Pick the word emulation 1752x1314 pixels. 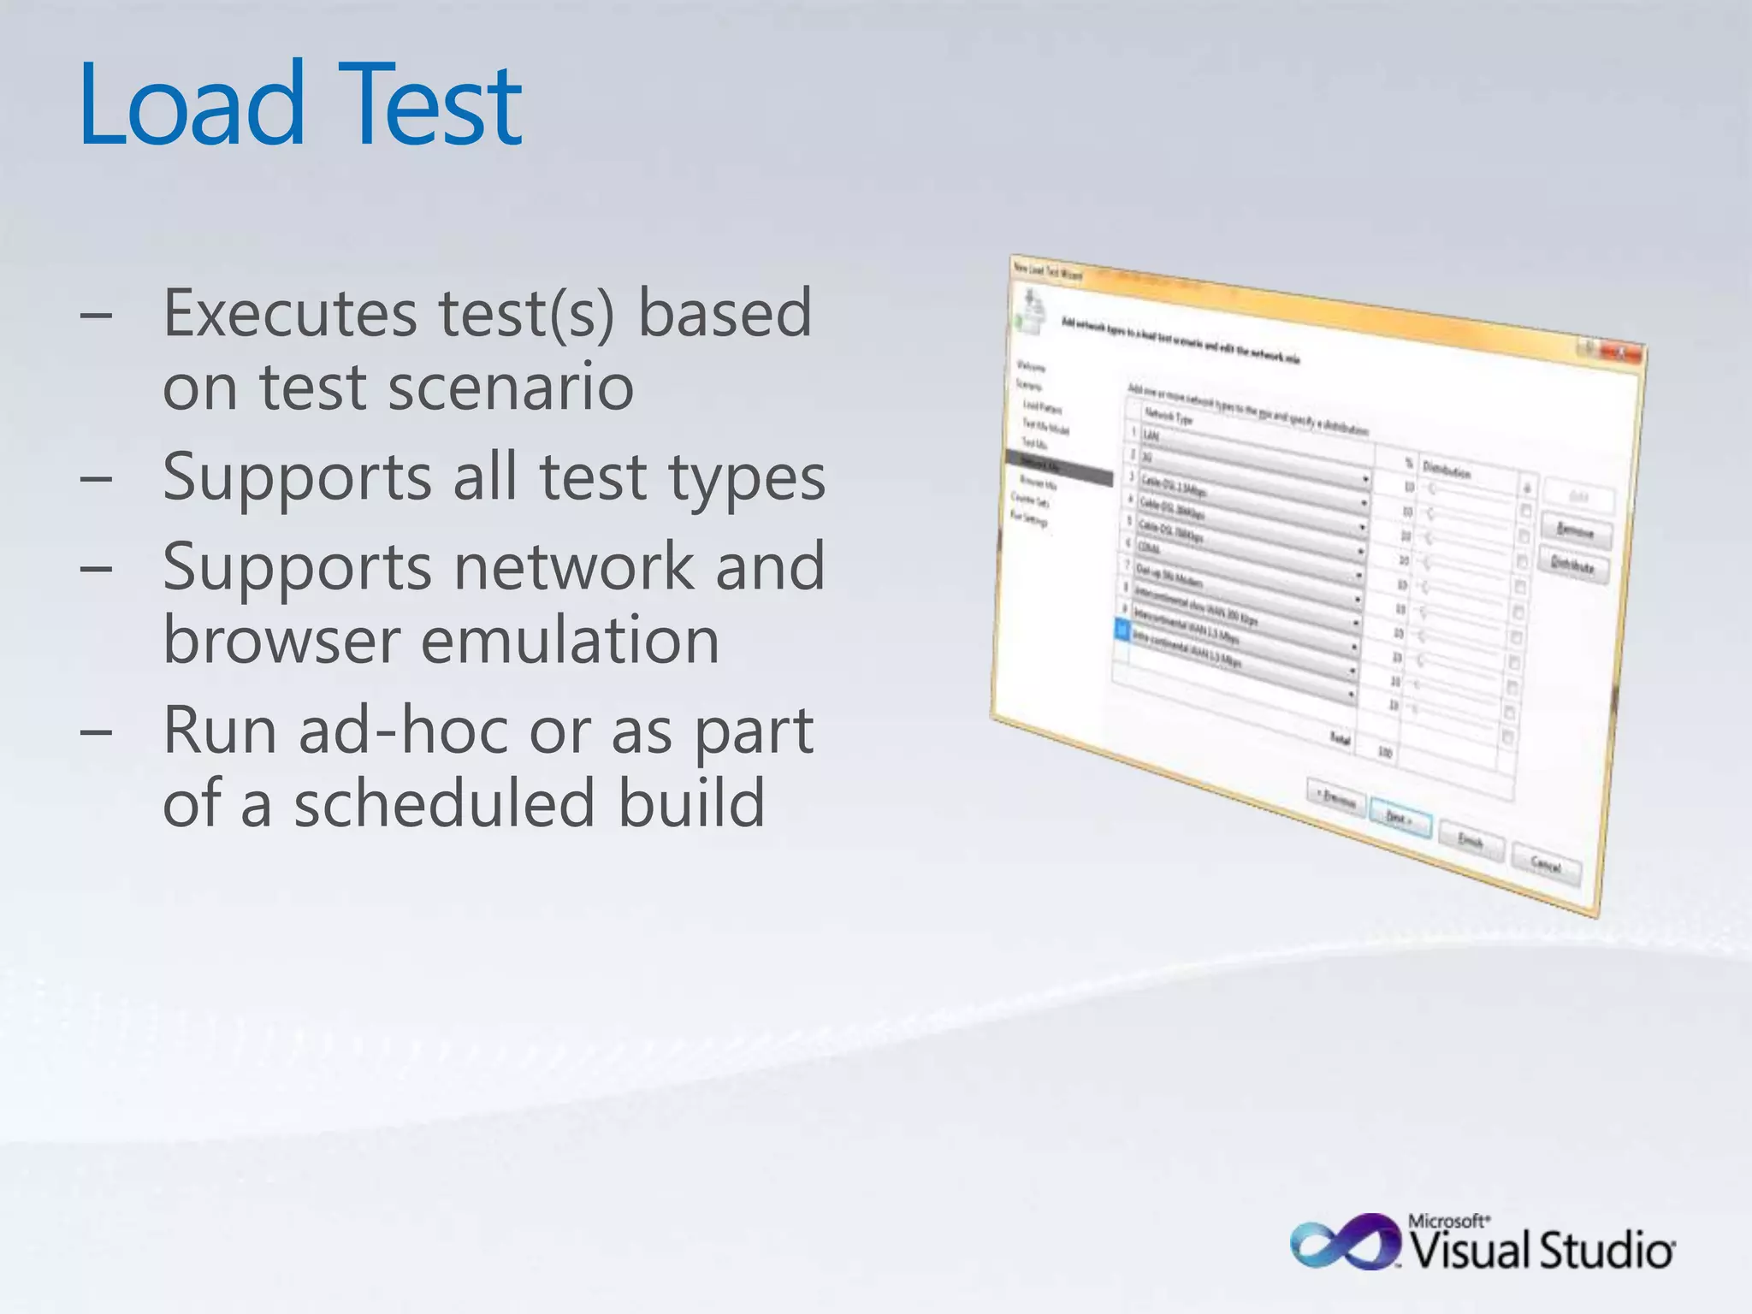(x=570, y=640)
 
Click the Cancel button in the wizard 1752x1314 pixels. (x=1546, y=865)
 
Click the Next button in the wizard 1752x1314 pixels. (x=1400, y=819)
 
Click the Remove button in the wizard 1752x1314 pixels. (x=1576, y=531)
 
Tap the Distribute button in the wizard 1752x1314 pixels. (x=1572, y=566)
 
